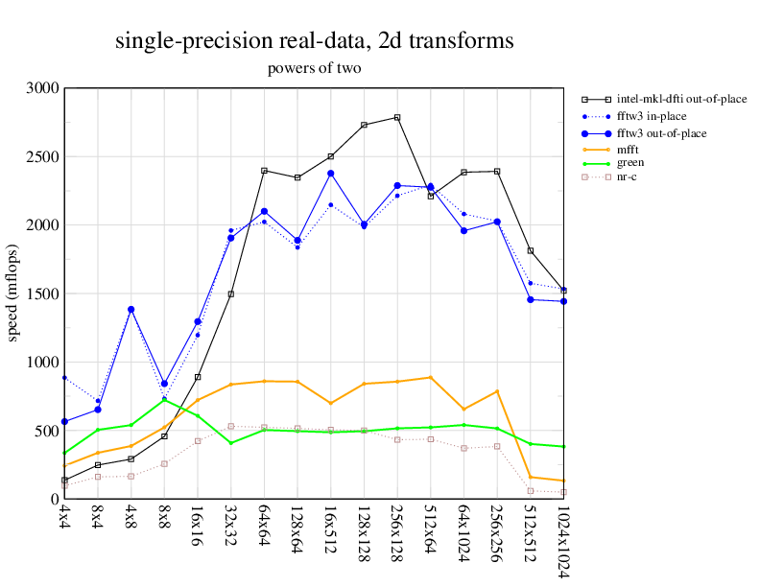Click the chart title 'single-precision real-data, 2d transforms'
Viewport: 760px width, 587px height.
click(x=314, y=41)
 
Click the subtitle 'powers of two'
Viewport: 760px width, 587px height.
click(x=314, y=69)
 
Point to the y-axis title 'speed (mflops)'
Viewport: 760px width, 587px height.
click(x=13, y=293)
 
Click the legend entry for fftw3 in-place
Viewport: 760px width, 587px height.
click(x=653, y=115)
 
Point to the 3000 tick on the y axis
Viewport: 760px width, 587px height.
click(x=42, y=88)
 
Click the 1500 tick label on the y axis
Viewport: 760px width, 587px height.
click(x=42, y=293)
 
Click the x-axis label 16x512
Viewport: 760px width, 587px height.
click(x=330, y=533)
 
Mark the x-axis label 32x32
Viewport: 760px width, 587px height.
click(x=230, y=527)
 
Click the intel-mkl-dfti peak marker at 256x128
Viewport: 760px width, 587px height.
click(x=397, y=117)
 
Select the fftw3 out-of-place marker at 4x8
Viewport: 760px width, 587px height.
click(x=131, y=310)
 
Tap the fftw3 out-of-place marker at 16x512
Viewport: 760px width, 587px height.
click(x=330, y=174)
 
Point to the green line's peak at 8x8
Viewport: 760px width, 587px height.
click(x=164, y=399)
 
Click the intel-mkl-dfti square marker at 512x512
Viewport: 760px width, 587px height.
click(x=530, y=250)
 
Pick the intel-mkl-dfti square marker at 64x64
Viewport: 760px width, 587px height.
click(x=264, y=171)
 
